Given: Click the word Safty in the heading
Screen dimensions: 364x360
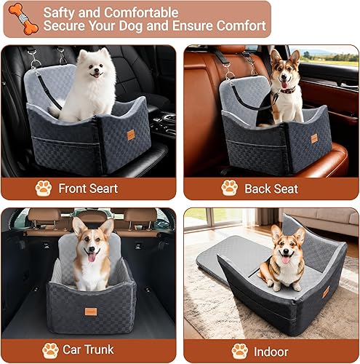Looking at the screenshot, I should [59, 12].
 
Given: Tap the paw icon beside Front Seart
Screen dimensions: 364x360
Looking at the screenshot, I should [43, 188].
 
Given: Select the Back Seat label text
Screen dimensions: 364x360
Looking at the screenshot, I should [271, 189].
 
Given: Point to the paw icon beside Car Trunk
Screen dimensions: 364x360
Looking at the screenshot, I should [50, 350].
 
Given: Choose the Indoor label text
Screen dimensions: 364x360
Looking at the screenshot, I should [270, 351].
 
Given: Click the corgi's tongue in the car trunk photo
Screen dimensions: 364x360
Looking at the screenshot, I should [92, 257].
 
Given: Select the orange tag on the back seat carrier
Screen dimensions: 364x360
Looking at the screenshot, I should [314, 138].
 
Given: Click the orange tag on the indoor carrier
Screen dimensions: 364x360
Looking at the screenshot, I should [325, 292].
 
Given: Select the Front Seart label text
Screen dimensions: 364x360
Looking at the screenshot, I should [88, 189].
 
